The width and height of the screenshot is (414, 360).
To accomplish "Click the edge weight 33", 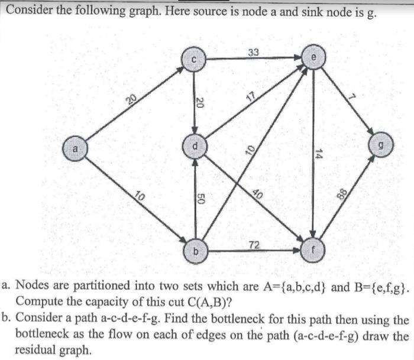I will (253, 53).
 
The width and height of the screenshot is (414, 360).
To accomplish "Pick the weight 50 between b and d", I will (201, 201).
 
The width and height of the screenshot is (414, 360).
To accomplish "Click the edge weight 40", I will (257, 192).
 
